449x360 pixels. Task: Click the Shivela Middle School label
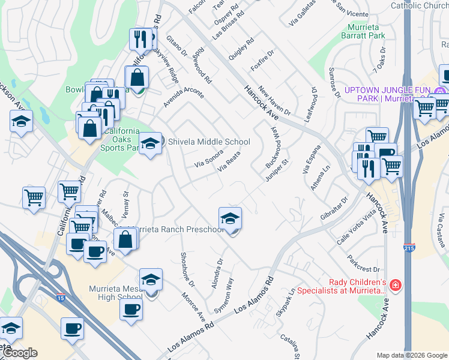pos(208,142)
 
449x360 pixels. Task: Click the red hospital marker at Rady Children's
pos(395,284)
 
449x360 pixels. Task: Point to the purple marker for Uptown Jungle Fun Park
pos(441,91)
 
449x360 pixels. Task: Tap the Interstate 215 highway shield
pos(408,247)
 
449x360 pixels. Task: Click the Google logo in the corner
pos(20,353)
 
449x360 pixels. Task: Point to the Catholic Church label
pos(420,6)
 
